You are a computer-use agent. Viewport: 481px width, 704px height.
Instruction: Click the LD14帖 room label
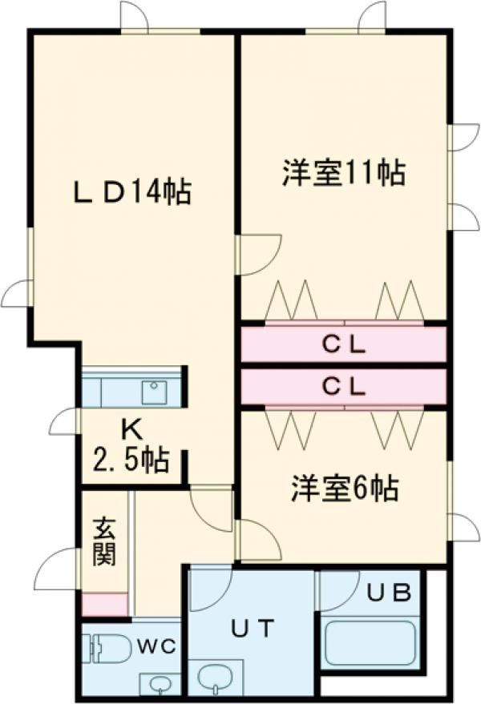(x=132, y=191)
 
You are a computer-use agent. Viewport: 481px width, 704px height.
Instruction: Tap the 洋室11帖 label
(x=342, y=173)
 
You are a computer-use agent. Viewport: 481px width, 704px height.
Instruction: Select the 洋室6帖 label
(x=344, y=488)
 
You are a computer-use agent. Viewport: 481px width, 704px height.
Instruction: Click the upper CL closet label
(x=344, y=345)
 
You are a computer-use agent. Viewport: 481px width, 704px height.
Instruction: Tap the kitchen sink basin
(x=152, y=392)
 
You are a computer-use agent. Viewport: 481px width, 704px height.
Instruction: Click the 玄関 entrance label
(x=103, y=541)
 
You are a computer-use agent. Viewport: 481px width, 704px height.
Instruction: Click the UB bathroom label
(x=390, y=593)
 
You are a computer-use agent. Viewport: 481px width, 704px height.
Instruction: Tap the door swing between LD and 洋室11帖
(x=258, y=255)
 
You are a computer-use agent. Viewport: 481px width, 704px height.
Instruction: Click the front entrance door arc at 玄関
(x=58, y=569)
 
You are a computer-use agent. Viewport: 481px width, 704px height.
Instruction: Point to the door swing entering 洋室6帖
(x=258, y=540)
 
